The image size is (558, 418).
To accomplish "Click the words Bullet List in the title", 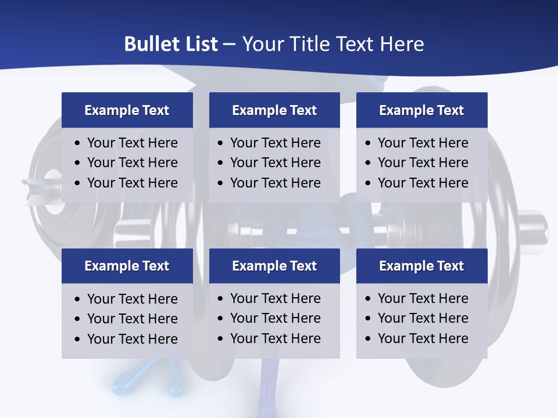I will coord(171,44).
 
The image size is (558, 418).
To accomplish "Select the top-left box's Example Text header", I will coord(127,110).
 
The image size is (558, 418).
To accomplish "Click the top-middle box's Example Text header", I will coord(274,110).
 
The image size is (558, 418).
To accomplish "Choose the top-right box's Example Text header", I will coord(421,110).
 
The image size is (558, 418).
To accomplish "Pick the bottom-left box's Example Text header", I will coord(127,266).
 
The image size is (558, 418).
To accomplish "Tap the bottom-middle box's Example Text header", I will coord(274,266).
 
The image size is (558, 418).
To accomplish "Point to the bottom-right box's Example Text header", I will coord(421,266).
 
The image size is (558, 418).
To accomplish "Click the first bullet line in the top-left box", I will coord(132,143).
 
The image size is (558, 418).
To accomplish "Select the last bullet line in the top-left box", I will coord(132,183).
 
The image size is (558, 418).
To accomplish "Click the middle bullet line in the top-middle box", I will coord(275,163).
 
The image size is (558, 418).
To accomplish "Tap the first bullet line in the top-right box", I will coord(423,143).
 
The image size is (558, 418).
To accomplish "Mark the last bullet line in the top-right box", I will coord(423,183).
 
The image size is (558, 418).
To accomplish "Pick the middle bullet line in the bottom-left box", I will coord(132,319).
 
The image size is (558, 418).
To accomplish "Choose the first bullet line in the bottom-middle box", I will coord(275,298).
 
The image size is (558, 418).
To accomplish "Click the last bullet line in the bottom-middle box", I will coord(275,338).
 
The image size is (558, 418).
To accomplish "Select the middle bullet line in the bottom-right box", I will coord(423,318).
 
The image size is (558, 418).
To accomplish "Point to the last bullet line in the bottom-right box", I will coord(423,338).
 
